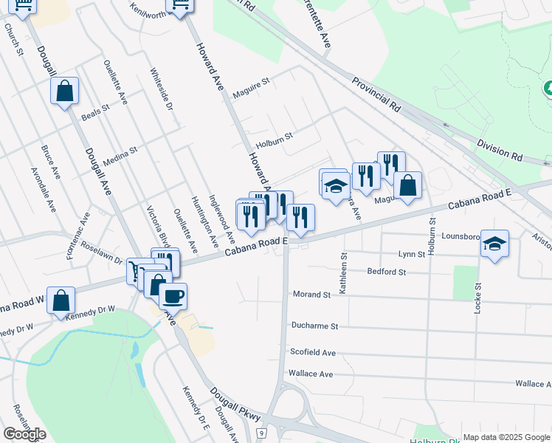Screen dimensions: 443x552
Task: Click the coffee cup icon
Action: (x=173, y=296)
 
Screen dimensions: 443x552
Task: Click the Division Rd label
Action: (x=499, y=151)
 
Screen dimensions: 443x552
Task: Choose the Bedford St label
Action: (x=387, y=272)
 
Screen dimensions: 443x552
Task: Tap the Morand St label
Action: (x=311, y=295)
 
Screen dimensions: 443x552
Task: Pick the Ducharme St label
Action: (x=314, y=326)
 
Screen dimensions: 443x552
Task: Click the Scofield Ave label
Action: (x=313, y=353)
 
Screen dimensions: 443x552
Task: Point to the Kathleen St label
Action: (x=343, y=273)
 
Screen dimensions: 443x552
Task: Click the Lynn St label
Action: (x=412, y=254)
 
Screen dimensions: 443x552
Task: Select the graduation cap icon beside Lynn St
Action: (x=494, y=243)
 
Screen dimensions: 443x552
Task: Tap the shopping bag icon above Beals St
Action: (x=64, y=92)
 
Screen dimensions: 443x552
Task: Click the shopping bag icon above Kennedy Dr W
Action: (x=61, y=300)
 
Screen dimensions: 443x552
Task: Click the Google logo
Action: (x=24, y=434)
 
